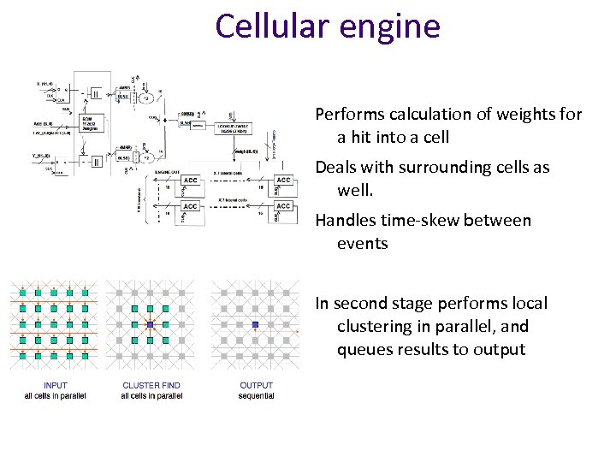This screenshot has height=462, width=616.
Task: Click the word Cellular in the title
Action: [x=265, y=26]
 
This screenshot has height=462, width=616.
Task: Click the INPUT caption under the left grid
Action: [x=55, y=386]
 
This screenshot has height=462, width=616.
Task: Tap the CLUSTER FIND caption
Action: [x=151, y=386]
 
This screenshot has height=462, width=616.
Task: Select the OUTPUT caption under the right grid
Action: [x=256, y=386]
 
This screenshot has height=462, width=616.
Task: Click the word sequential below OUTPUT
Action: [x=256, y=396]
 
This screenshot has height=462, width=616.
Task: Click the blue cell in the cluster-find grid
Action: [x=151, y=325]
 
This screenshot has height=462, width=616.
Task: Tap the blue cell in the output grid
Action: [x=255, y=325]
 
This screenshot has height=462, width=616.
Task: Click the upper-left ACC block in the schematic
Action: [x=190, y=181]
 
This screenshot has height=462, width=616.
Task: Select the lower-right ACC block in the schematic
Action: [x=283, y=206]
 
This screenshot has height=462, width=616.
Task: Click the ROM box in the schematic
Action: [x=90, y=120]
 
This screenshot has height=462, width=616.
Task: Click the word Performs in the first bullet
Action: [x=346, y=114]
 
